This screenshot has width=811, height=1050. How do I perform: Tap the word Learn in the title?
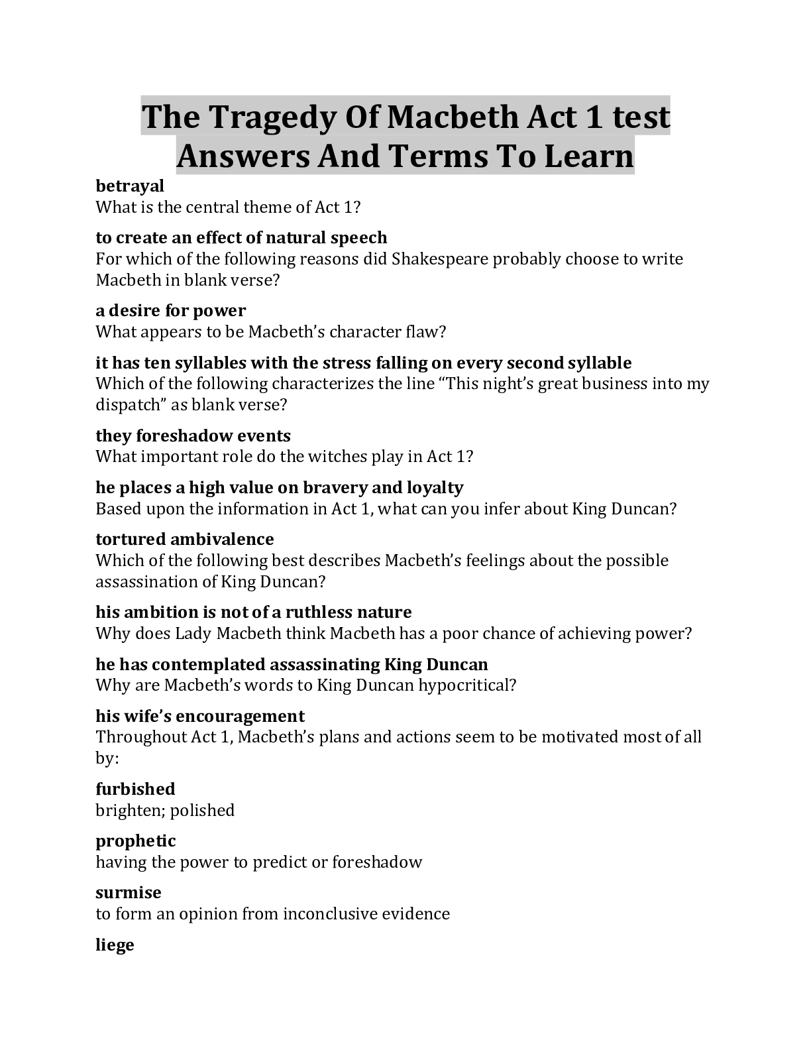(589, 156)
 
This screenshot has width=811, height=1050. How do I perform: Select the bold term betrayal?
(130, 186)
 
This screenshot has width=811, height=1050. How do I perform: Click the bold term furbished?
(135, 789)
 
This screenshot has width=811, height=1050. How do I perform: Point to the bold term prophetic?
(136, 841)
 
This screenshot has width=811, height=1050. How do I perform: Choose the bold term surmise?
(129, 892)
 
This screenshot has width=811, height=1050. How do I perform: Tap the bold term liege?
(115, 944)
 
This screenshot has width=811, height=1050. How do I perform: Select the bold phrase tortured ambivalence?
(185, 539)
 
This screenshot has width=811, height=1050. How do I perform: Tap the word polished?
(203, 810)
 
